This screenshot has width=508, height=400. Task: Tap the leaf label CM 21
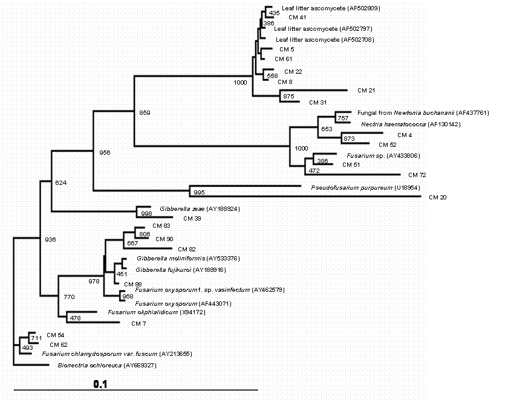(x=366, y=91)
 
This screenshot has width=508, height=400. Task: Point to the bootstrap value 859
(x=145, y=112)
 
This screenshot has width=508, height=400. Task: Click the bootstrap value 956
(x=105, y=153)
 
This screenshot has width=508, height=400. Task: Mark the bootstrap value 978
(x=94, y=281)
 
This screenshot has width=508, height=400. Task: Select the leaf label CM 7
(x=138, y=323)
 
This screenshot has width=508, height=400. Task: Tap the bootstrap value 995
(x=199, y=193)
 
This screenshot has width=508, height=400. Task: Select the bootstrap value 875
(x=288, y=97)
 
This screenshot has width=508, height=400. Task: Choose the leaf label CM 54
(x=56, y=335)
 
